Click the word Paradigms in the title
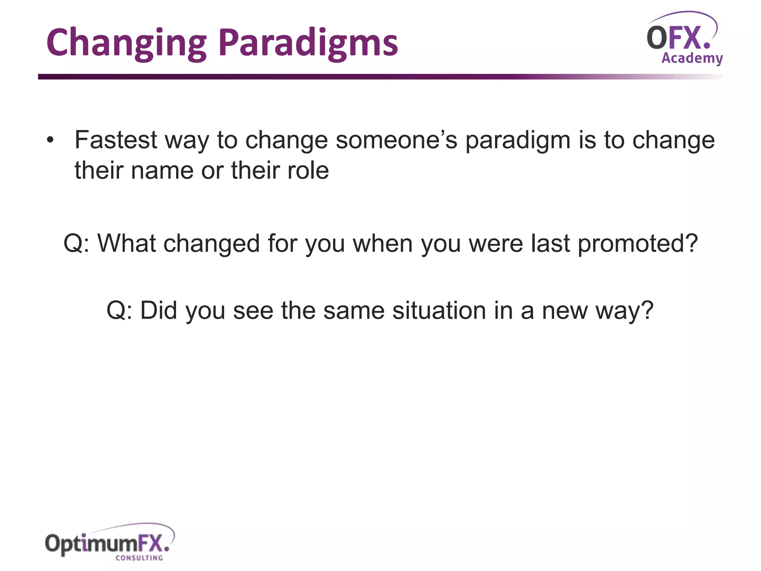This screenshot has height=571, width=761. pos(308,44)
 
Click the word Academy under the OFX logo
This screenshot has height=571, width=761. pos(692,58)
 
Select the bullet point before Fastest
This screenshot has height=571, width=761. pos(50,141)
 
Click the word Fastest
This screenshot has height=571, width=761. pos(116,140)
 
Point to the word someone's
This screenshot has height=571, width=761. pos(396,140)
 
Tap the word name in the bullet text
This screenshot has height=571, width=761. pos(162,171)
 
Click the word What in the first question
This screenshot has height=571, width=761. pos(126,243)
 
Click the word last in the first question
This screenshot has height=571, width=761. pos(550,243)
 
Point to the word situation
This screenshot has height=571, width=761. pos(439,310)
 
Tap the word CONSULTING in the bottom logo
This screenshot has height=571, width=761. pos(139,558)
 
